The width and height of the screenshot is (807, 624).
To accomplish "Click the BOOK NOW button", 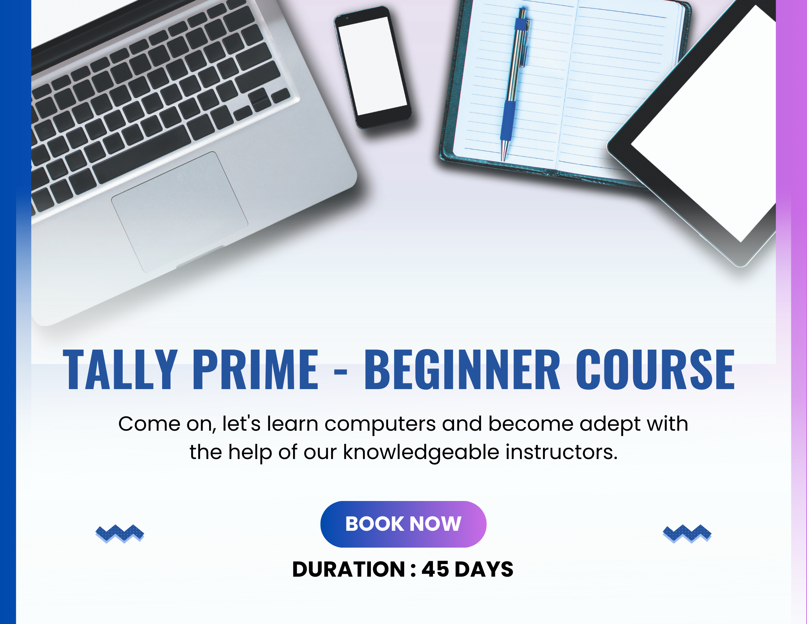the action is tap(403, 524).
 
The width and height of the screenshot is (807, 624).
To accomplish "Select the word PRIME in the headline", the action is tap(255, 369).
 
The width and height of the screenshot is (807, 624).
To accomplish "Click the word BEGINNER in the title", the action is tap(462, 369).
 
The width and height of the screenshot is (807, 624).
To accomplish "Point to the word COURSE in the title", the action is tap(655, 369).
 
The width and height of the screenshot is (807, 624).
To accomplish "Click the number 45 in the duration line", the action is tap(435, 569).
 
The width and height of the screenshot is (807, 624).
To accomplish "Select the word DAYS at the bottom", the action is tap(484, 569).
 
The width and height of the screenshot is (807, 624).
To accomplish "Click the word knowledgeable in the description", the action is tap(421, 452).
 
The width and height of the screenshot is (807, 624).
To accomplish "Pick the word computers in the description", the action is tap(380, 424).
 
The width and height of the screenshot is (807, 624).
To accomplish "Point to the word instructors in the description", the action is tap(561, 452).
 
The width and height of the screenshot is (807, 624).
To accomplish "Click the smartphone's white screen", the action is tap(372, 66).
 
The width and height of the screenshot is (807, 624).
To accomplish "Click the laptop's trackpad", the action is tap(180, 212).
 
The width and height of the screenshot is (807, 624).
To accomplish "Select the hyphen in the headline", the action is tap(340, 373).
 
